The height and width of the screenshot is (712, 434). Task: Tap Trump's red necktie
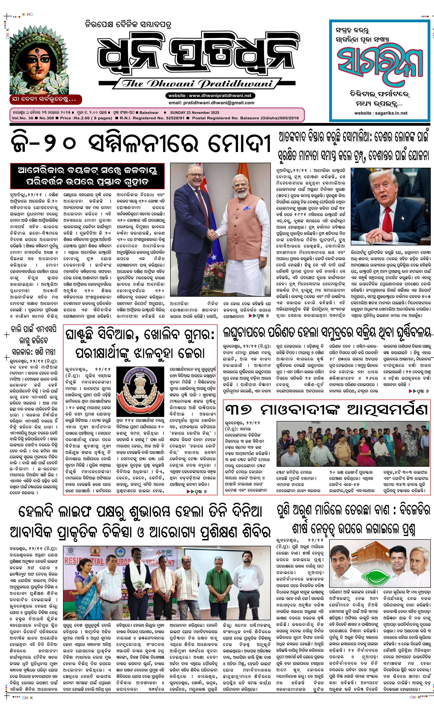click(387, 218)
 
